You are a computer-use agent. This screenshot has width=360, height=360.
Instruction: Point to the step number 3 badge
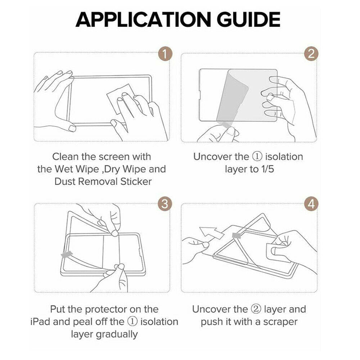(x=165, y=204)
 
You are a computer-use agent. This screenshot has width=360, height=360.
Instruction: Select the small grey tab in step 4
(x=237, y=235)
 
